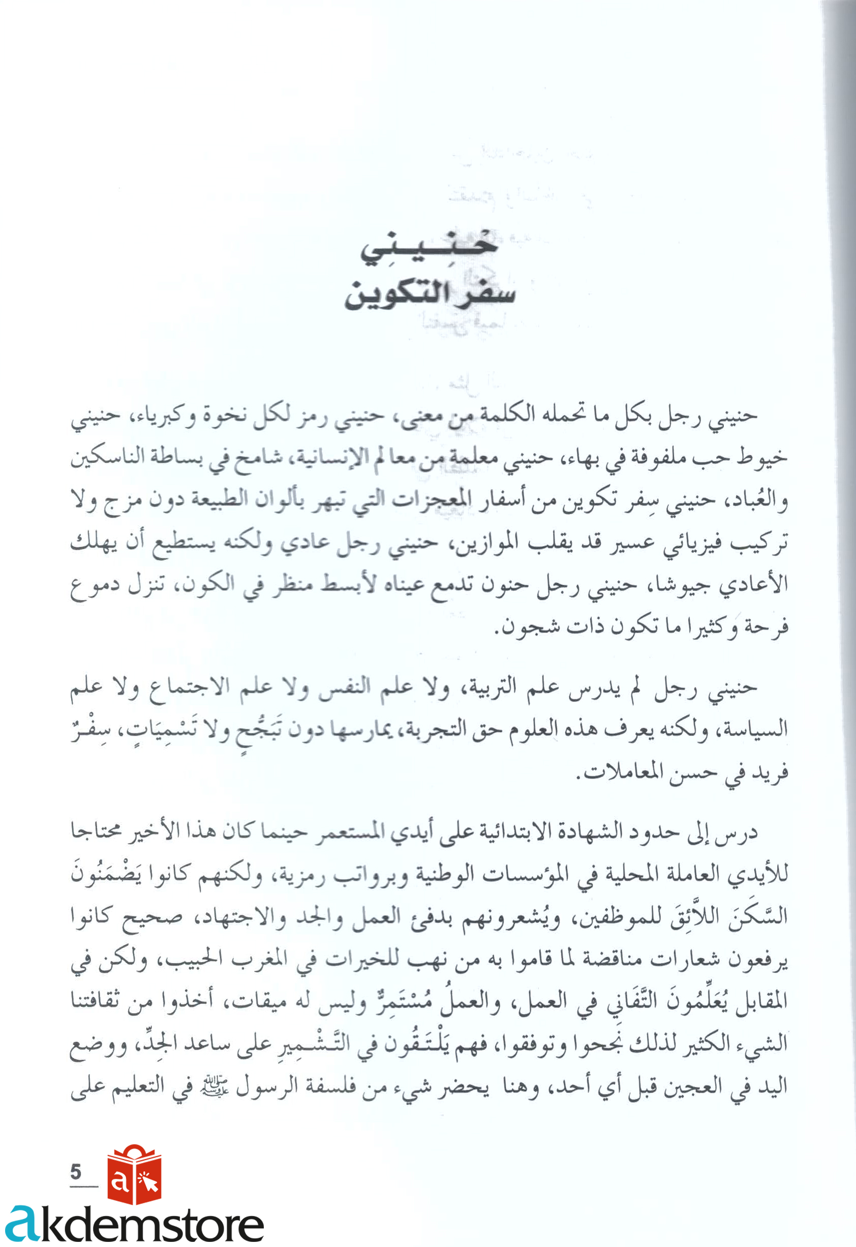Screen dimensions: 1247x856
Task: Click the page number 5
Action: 76,1171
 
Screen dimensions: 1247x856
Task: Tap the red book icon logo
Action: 134,1175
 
